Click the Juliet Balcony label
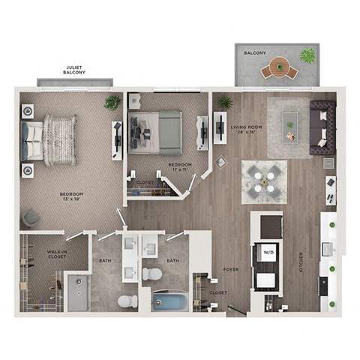[x=75, y=70]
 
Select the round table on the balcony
[x=279, y=68]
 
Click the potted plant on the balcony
[x=307, y=55]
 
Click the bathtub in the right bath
[x=171, y=304]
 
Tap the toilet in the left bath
[x=127, y=301]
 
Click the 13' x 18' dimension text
[x=72, y=200]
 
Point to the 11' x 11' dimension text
[x=178, y=170]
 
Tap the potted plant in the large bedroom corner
[x=112, y=102]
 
